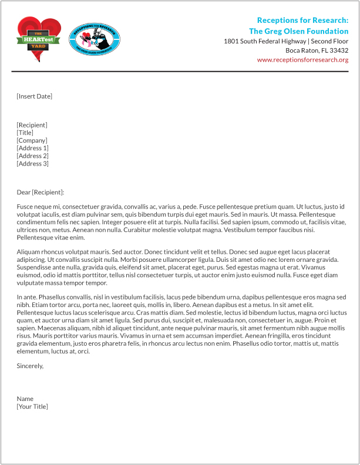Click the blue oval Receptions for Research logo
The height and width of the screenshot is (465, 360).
click(x=95, y=39)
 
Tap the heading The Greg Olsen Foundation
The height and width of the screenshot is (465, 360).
click(x=298, y=31)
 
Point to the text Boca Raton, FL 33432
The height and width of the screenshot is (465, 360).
click(x=317, y=50)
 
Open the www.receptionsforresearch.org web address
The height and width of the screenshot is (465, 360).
click(x=302, y=60)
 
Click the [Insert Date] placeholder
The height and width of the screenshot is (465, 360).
click(x=35, y=96)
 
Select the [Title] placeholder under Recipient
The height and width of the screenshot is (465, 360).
click(x=25, y=133)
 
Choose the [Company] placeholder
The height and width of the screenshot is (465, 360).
click(x=32, y=140)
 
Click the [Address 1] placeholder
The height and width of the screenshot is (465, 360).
click(x=33, y=148)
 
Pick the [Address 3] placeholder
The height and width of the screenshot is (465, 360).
click(x=33, y=164)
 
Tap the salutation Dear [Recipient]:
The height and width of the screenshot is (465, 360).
click(x=41, y=193)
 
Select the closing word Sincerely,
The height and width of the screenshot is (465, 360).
click(x=31, y=366)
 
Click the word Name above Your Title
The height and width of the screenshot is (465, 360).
click(x=25, y=399)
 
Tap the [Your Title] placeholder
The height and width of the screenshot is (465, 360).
click(x=32, y=406)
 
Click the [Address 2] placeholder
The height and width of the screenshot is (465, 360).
click(x=33, y=156)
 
